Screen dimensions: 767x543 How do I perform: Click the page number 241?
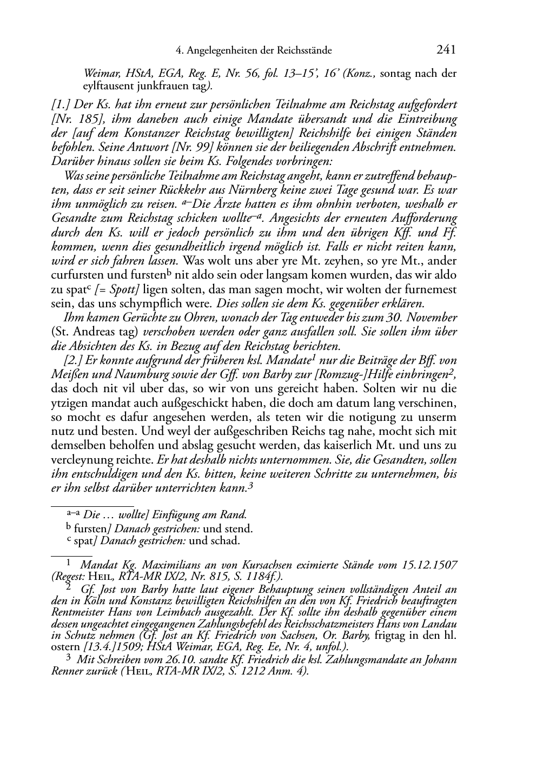[446, 50]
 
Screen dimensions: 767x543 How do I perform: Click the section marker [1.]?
[61, 105]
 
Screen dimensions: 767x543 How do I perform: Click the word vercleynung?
[77, 459]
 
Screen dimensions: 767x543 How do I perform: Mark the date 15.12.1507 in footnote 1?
[430, 565]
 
